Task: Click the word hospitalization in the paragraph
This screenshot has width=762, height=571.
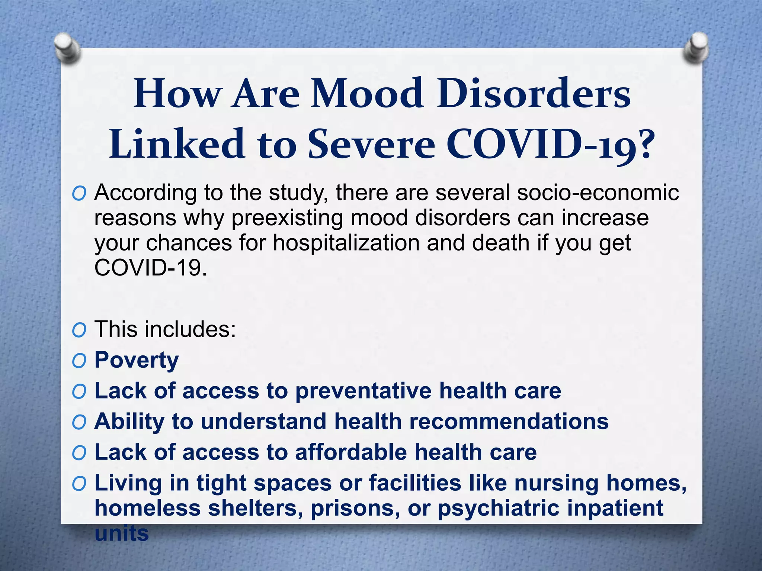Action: [x=346, y=243]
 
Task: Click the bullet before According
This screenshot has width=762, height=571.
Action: [x=79, y=194]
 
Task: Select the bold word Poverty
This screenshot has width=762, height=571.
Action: [x=137, y=360]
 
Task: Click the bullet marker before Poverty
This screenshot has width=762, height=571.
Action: [x=79, y=361]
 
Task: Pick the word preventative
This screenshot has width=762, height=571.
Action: [x=363, y=391]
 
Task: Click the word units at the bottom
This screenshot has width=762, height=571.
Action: [x=122, y=533]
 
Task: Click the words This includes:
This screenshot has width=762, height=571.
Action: [x=165, y=329]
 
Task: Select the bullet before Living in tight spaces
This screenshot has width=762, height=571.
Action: [x=79, y=484]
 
